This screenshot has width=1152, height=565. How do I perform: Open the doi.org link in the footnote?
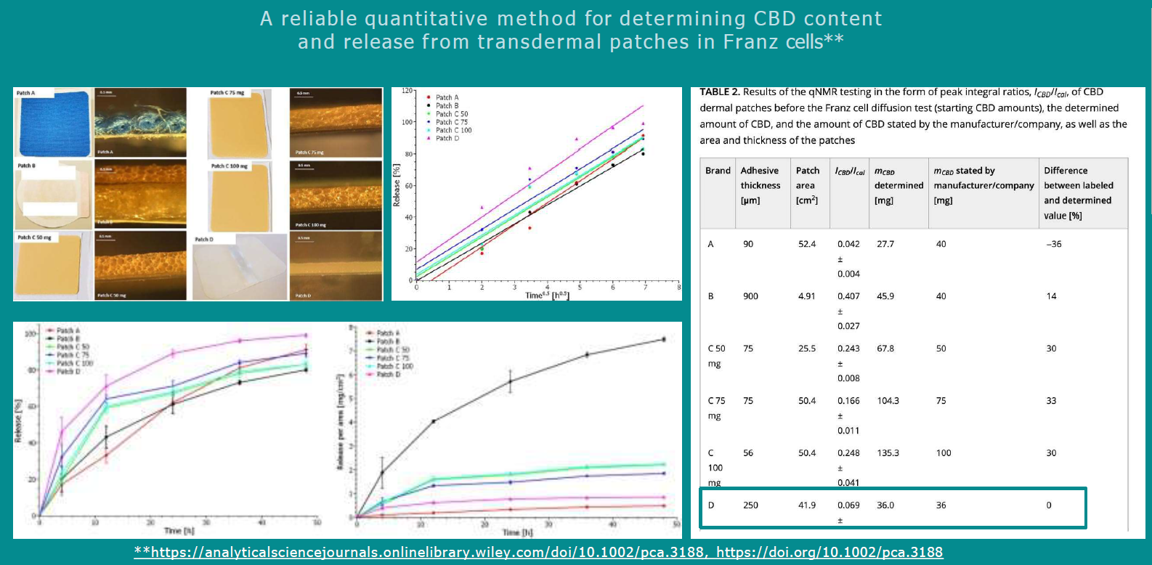[829, 553]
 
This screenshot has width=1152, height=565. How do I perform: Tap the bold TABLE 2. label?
[719, 92]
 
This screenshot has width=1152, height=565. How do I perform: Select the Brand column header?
[718, 171]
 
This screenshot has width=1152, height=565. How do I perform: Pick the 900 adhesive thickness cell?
[750, 296]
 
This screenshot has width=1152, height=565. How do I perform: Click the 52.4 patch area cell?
[807, 244]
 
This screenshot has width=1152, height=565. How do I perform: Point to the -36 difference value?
[1053, 244]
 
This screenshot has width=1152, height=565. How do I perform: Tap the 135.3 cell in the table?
[888, 453]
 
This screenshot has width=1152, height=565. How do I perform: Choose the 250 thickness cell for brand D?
[750, 505]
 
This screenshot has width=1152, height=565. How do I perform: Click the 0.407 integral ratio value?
[848, 296]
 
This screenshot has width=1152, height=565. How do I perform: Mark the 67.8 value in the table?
[885, 349]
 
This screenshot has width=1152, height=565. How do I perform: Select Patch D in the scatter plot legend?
[447, 138]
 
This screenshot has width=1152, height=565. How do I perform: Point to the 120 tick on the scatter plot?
[407, 91]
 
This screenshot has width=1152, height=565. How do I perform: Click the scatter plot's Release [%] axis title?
[397, 186]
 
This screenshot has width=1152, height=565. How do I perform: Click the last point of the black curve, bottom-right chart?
[663, 339]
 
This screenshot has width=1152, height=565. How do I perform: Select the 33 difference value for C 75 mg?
[1051, 401]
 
